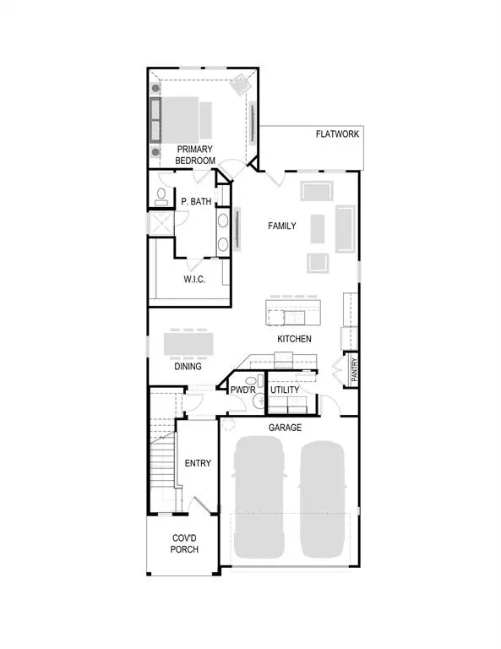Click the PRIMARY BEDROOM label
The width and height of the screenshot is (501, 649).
pyautogui.click(x=195, y=155)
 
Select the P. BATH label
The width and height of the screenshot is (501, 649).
pyautogui.click(x=196, y=201)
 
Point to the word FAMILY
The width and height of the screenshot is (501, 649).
pyautogui.click(x=282, y=226)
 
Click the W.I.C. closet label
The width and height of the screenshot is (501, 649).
pyautogui.click(x=196, y=279)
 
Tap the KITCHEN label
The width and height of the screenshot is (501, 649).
pyautogui.click(x=295, y=339)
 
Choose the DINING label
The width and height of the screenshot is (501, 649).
pyautogui.click(x=188, y=367)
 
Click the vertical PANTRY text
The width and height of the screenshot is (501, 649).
pyautogui.click(x=355, y=371)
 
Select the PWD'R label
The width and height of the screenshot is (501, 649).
pyautogui.click(x=244, y=390)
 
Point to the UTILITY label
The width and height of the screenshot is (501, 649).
pyautogui.click(x=285, y=390)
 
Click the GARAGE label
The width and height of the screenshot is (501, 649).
pyautogui.click(x=286, y=428)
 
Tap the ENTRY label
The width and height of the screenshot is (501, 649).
pyautogui.click(x=198, y=463)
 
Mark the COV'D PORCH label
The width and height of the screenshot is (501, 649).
pyautogui.click(x=184, y=543)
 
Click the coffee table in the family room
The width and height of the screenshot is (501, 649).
pyautogui.click(x=317, y=227)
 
